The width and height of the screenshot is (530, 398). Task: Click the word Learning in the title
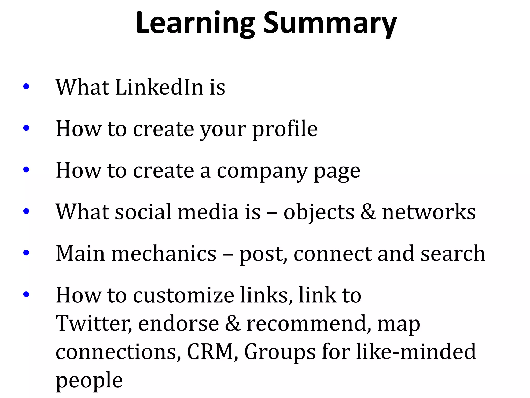(195, 23)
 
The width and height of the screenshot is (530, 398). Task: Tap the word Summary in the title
(330, 23)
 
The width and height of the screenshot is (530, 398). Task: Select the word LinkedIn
(159, 87)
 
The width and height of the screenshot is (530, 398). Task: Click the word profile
(285, 129)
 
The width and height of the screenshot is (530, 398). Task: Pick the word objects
(319, 212)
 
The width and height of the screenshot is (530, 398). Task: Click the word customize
(184, 295)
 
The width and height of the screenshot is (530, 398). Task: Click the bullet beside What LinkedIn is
(26, 87)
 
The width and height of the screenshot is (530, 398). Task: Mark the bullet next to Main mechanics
(26, 252)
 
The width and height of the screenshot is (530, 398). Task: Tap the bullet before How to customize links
(26, 294)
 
